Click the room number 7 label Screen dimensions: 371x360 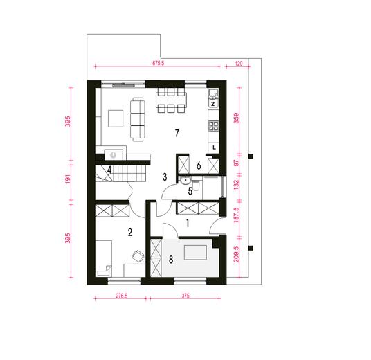177,133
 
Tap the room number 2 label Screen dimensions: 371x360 130,232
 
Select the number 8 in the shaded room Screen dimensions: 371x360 171,260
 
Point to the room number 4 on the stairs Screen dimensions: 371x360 109,170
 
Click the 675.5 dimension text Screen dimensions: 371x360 158,63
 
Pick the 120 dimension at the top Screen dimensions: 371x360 239,64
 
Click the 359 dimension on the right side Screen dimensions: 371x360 237,118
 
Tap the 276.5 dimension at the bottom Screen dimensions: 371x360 122,296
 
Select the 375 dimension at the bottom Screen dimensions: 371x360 185,296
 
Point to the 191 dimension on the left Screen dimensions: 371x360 68,179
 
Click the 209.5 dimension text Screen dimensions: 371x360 237,254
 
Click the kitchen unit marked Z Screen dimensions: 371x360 213,104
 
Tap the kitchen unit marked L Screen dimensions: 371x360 214,147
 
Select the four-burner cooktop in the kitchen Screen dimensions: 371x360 213,126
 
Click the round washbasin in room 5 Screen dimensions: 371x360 185,181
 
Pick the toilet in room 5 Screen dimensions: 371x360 196,186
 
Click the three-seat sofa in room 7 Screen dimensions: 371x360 138,119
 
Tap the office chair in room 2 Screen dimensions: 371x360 138,256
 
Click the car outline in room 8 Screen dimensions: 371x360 195,252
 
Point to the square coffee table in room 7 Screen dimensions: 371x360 116,118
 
